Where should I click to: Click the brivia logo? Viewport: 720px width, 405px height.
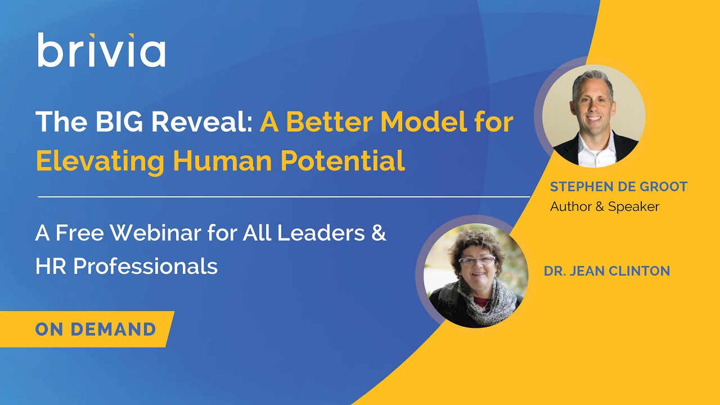pos(101,51)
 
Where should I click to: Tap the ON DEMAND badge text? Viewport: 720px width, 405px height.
pos(95,329)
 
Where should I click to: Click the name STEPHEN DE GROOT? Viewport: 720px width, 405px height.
pos(619,187)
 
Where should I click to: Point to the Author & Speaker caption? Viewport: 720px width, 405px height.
pos(604,206)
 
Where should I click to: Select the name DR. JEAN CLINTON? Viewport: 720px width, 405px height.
pos(606,271)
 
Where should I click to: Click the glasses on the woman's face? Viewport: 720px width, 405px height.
pos(476,260)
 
